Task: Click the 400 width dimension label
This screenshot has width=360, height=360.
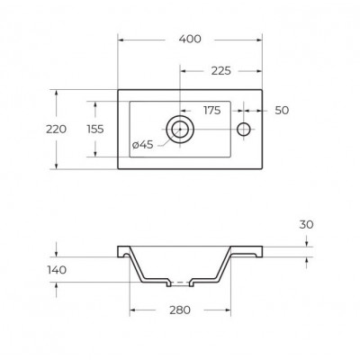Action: point(190,39)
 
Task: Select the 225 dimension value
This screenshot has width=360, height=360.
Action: point(221,71)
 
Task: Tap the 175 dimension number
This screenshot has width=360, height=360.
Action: point(212,111)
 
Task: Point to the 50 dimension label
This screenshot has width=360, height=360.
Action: point(282,111)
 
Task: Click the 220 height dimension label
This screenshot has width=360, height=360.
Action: point(56,130)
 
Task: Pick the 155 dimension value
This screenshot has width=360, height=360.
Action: point(95,130)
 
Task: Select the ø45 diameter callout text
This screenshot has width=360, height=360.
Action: point(143,145)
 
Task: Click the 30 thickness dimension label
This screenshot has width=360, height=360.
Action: point(306,224)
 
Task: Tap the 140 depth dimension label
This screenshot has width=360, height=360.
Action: point(57,270)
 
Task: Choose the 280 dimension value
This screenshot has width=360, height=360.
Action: point(180,310)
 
